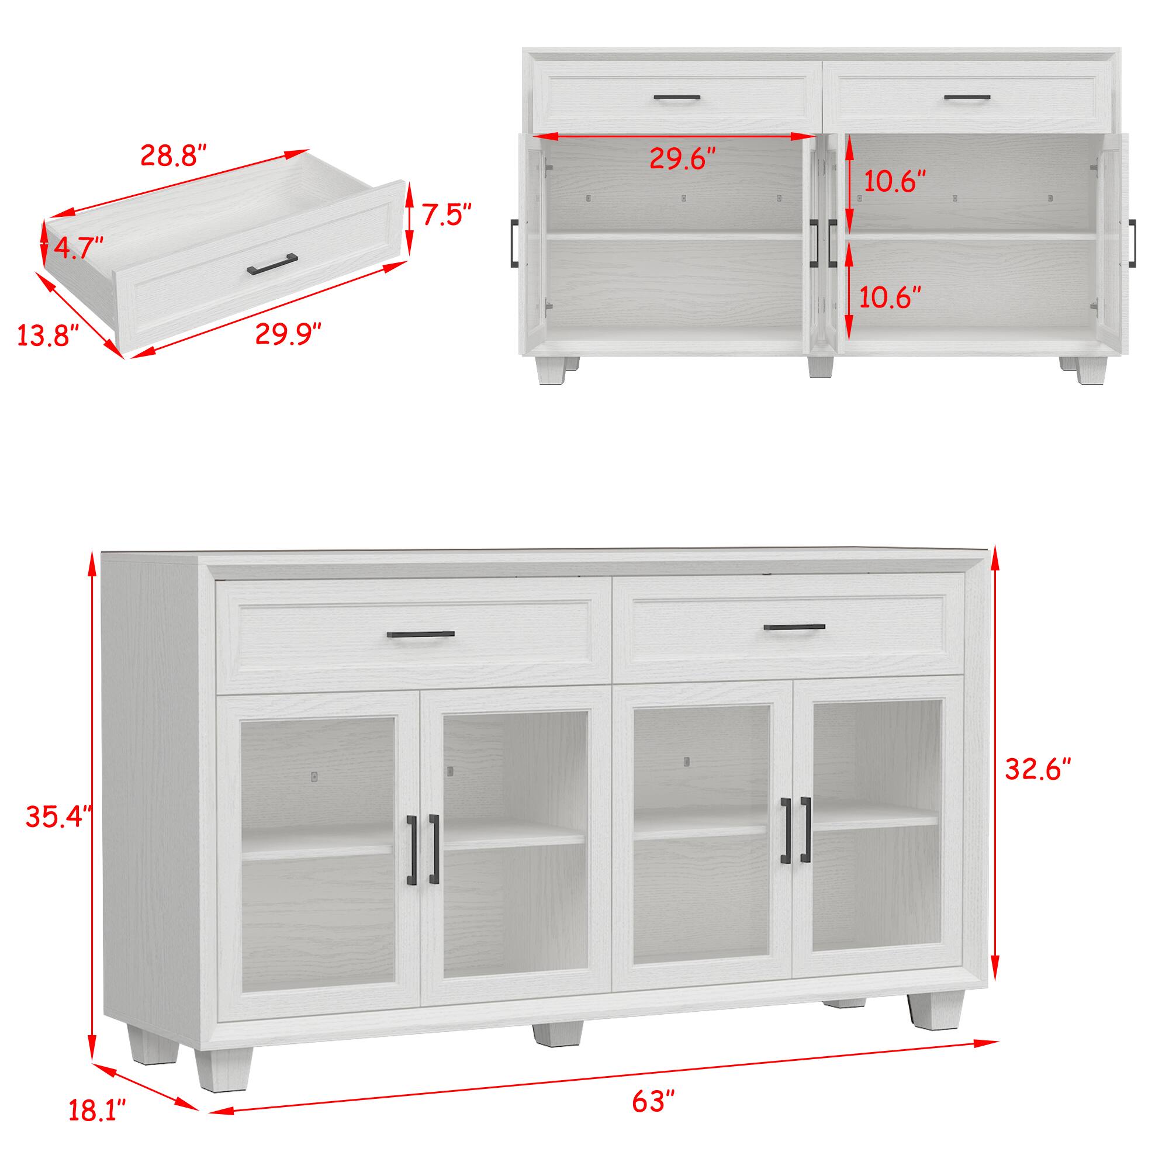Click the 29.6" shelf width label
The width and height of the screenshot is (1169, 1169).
[683, 158]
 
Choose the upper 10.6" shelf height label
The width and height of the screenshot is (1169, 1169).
[894, 182]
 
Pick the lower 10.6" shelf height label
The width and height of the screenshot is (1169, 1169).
[890, 297]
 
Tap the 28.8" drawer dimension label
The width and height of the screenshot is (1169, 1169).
[174, 155]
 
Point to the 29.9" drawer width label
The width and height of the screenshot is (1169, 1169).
[288, 333]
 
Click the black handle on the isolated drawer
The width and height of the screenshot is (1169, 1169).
[272, 264]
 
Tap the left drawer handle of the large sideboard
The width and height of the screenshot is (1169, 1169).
[420, 635]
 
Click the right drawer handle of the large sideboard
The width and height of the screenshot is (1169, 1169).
[794, 627]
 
